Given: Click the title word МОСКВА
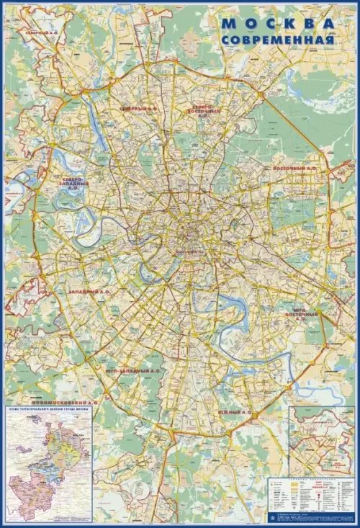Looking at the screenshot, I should (279, 24).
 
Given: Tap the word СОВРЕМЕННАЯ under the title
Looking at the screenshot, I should (278, 40).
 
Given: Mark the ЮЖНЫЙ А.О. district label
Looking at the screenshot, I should (234, 413).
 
